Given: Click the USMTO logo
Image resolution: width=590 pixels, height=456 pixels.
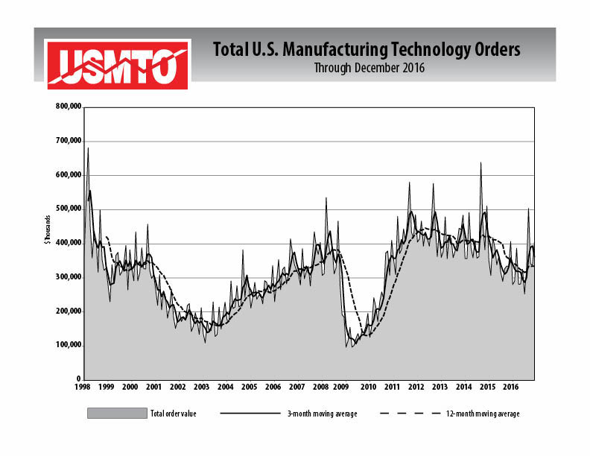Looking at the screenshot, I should click(118, 65).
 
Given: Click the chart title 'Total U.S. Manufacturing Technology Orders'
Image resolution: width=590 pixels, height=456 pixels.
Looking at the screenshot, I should click(367, 50).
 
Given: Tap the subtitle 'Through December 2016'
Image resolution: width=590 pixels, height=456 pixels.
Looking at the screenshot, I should click(367, 69).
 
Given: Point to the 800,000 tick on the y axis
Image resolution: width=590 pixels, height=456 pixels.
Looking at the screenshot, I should click(69, 107).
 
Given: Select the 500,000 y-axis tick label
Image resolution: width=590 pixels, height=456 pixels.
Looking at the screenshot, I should click(69, 209).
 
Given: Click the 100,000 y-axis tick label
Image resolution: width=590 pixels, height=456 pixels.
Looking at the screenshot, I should click(69, 346).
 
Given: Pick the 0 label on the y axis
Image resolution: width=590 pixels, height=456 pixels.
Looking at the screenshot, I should click(77, 380).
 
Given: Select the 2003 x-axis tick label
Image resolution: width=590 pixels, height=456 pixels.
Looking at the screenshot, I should click(202, 388).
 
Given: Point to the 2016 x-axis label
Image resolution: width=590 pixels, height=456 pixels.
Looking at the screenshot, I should click(511, 388).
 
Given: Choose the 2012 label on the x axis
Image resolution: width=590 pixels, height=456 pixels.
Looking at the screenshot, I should click(416, 388).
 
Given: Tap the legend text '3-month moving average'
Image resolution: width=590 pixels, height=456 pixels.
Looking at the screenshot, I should click(321, 414).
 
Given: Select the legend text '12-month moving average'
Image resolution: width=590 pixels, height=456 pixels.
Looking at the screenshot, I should click(487, 414).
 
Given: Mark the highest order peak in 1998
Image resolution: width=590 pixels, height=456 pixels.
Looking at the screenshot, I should click(88, 148).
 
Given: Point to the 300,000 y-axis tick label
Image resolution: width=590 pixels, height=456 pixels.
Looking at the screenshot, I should click(69, 277).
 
